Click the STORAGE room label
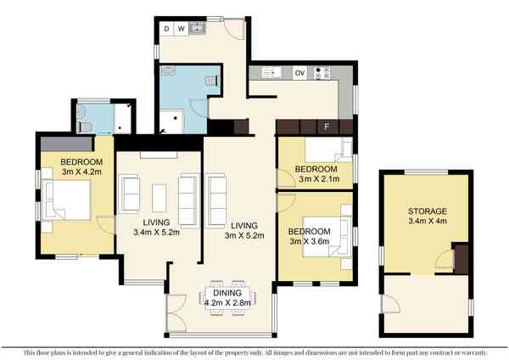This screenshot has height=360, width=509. [428, 211]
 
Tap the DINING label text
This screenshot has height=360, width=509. [227, 293]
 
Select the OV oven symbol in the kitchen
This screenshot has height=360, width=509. [299, 73]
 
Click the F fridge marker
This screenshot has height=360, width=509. [327, 127]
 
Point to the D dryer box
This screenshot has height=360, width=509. [167, 29]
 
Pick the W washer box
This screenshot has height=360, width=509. [182, 29]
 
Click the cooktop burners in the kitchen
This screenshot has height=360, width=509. [322, 73]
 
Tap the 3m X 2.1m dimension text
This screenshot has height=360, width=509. [319, 179]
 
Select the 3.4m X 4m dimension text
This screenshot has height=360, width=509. [428, 221]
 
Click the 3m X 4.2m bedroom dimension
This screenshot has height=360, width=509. [81, 172]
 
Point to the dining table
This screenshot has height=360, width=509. [227, 298]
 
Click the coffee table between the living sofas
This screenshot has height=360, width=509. [159, 198]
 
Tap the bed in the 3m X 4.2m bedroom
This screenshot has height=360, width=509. [66, 200]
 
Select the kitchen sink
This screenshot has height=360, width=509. [270, 72]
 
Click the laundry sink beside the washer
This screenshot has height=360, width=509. [197, 28]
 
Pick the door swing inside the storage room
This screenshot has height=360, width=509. [444, 259]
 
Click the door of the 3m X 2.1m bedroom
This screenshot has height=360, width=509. [286, 178]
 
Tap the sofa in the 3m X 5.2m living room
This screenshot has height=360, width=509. [216, 200]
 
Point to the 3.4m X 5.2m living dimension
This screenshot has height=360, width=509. [156, 233]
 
